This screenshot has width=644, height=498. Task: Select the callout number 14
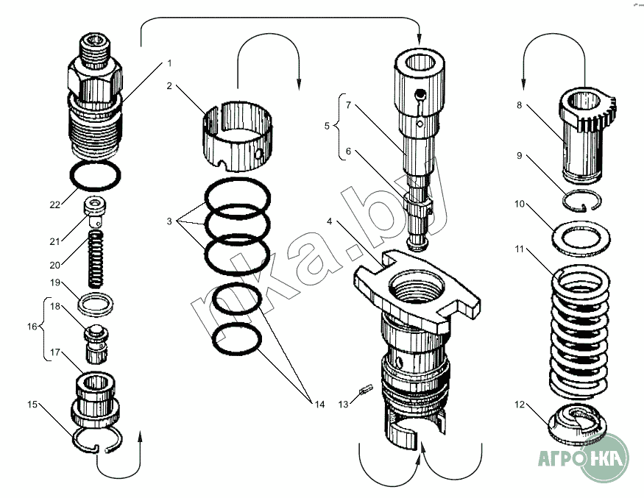tap(319, 403)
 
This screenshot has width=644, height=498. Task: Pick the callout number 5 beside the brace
tap(328, 126)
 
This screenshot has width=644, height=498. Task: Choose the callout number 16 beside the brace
tap(31, 326)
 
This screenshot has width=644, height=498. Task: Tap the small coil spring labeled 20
tap(95, 260)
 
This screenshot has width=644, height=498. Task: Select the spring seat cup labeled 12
tap(578, 425)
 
